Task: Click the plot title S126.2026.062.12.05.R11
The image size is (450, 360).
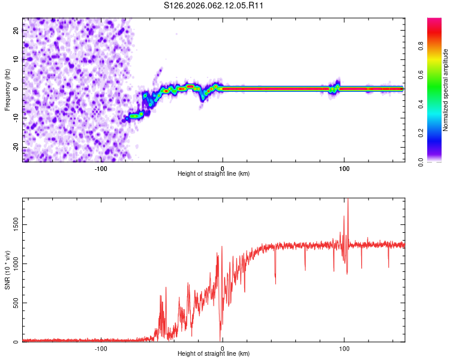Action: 214,5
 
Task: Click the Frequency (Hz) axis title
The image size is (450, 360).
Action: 7,89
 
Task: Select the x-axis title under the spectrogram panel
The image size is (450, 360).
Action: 214,173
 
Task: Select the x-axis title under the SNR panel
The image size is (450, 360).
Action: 214,353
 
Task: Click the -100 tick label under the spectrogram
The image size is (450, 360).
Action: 101,169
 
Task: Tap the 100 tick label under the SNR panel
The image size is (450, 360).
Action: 344,349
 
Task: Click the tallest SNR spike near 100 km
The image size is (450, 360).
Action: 348,201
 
